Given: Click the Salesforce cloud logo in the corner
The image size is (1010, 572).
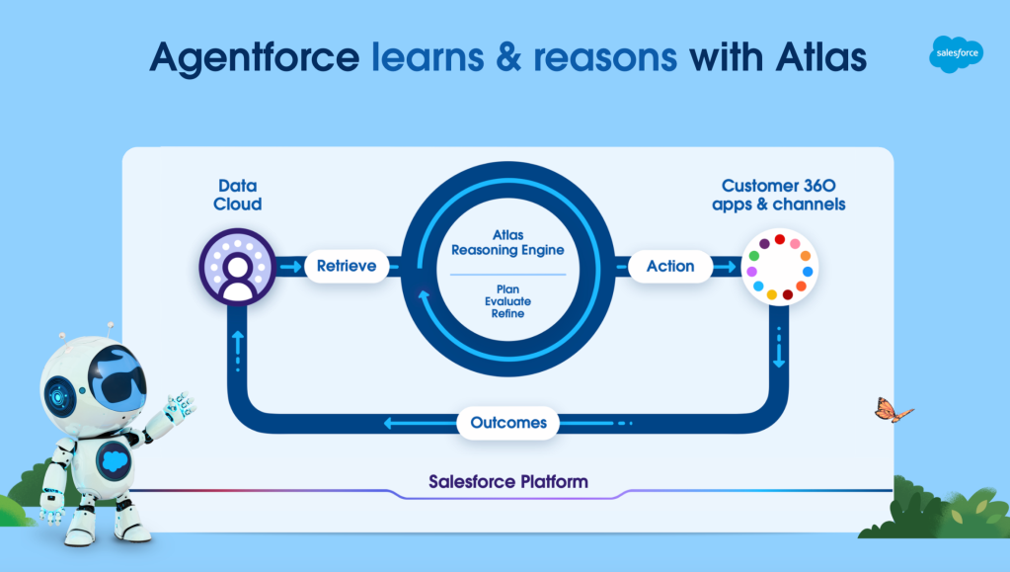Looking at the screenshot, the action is (956, 53).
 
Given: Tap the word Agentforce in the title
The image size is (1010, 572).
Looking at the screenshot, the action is (255, 57).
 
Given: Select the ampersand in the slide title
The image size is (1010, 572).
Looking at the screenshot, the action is (508, 56).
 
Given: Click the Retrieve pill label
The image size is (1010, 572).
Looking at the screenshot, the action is (347, 266).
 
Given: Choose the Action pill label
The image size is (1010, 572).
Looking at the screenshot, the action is (670, 266).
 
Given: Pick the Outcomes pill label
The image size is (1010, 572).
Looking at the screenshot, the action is (508, 423).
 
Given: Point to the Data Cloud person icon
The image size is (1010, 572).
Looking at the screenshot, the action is (238, 267).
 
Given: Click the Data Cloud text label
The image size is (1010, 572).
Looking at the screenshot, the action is (238, 195).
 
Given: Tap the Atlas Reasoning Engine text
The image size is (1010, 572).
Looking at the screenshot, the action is (507, 242).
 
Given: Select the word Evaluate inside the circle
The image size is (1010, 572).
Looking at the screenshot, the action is (507, 301).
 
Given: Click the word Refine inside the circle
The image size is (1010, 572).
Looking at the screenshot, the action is (507, 313).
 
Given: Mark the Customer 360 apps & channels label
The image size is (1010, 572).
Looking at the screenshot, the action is (779, 195).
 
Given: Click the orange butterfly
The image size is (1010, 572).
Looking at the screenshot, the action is (893, 410).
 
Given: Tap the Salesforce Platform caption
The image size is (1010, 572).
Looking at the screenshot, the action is (508, 482).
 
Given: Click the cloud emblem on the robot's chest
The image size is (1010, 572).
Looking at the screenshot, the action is (115, 460).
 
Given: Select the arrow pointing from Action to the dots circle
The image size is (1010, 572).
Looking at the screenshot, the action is (726, 267).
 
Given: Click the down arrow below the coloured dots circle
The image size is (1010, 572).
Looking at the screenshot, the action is (779, 348).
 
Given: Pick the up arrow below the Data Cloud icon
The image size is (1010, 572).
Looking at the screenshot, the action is (238, 351).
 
